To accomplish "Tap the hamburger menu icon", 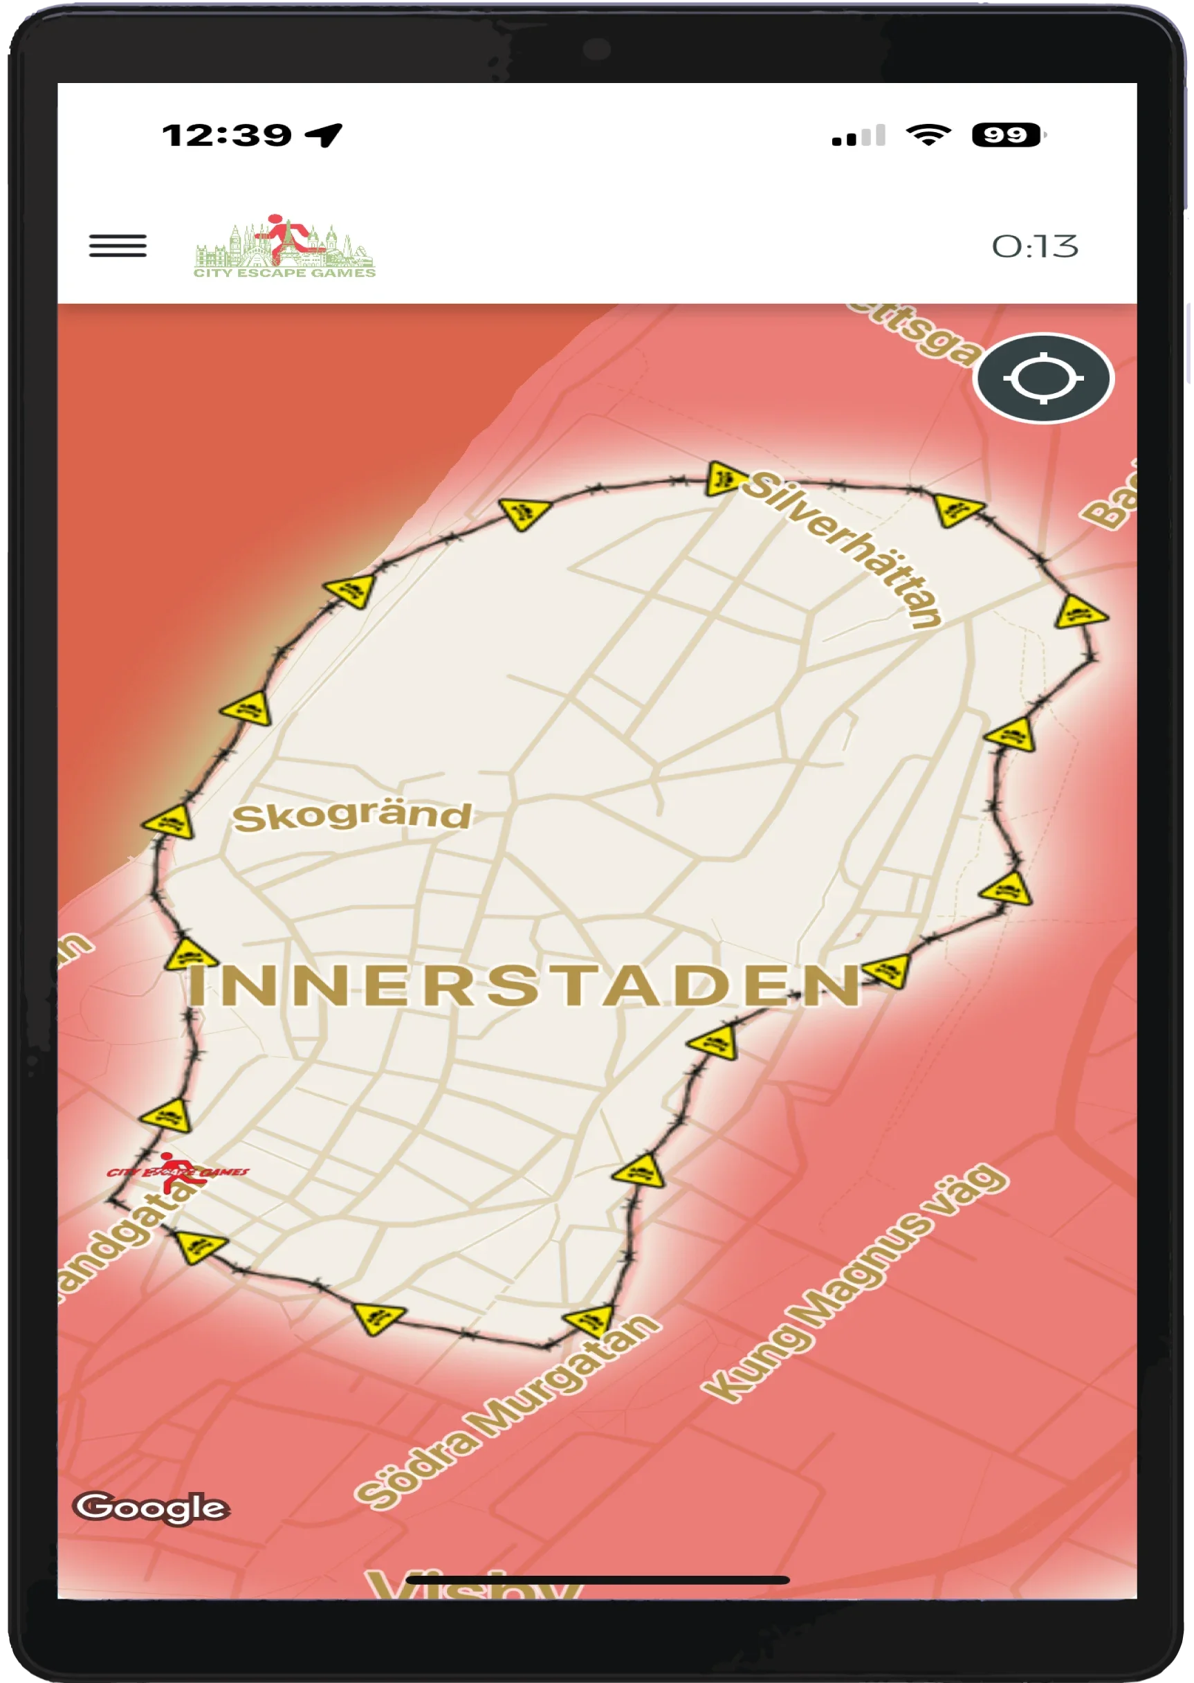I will pyautogui.click(x=118, y=246).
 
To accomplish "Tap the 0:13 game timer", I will pyautogui.click(x=1034, y=246).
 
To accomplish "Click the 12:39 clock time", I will pyautogui.click(x=226, y=136).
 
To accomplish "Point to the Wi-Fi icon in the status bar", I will pyautogui.click(x=928, y=135).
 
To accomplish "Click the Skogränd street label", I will pyautogui.click(x=351, y=817).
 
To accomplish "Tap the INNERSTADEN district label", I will pyautogui.click(x=524, y=985).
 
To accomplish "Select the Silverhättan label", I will pyautogui.click(x=843, y=549).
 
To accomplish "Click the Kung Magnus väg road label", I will pyautogui.click(x=855, y=1284).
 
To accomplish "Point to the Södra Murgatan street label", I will pyautogui.click(x=507, y=1413).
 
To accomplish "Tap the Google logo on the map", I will pyautogui.click(x=151, y=1507).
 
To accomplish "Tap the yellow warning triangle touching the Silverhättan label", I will pyautogui.click(x=722, y=479).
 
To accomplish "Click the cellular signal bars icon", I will pyautogui.click(x=858, y=136).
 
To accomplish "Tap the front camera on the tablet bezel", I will pyautogui.click(x=596, y=50).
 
